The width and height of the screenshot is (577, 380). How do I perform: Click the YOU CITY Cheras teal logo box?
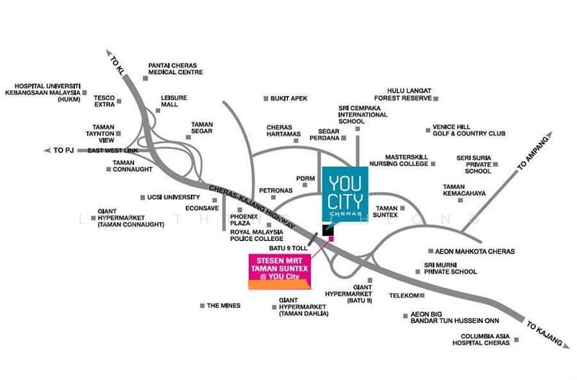(345, 195)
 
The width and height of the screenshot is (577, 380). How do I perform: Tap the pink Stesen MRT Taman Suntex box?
(280, 272)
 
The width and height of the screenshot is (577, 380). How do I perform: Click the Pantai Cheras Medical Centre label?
(175, 69)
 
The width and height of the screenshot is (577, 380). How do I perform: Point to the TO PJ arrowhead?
(47, 151)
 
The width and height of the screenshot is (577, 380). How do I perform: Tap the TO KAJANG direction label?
(544, 334)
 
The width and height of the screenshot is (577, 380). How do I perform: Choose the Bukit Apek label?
(288, 99)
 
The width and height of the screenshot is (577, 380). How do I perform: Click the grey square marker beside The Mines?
(202, 306)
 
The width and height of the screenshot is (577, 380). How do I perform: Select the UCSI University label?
(173, 197)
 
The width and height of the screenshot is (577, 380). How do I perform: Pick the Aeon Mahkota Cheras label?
(475, 252)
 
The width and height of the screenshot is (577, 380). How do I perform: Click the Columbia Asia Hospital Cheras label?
(481, 340)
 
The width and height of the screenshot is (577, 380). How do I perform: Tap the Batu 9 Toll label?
(288, 248)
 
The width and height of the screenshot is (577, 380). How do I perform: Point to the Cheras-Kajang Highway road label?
(252, 207)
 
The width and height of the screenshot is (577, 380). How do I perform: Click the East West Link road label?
(113, 151)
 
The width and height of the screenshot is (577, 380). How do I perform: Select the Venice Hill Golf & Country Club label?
(469, 131)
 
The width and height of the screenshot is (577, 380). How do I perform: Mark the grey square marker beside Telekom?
(422, 296)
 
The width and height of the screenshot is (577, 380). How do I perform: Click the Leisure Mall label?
(174, 101)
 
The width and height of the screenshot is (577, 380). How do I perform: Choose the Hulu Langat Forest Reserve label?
(403, 94)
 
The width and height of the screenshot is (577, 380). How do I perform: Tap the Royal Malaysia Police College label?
(257, 236)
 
